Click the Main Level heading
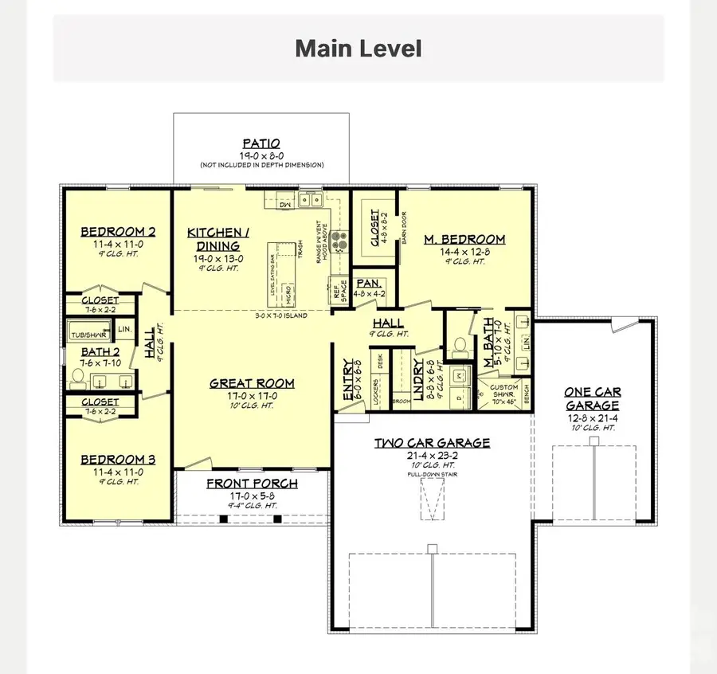[x=358, y=49]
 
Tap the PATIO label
[x=261, y=144]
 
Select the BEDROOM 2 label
[x=118, y=233]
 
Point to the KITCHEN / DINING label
[x=218, y=239]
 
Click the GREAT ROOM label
[x=252, y=383]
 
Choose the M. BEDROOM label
[x=465, y=239]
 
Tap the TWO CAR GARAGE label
[x=432, y=443]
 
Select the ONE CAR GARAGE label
[x=592, y=398]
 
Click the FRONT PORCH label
[x=252, y=484]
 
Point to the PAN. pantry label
[x=369, y=283]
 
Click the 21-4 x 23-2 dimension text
[x=432, y=454]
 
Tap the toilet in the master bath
[x=460, y=346]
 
